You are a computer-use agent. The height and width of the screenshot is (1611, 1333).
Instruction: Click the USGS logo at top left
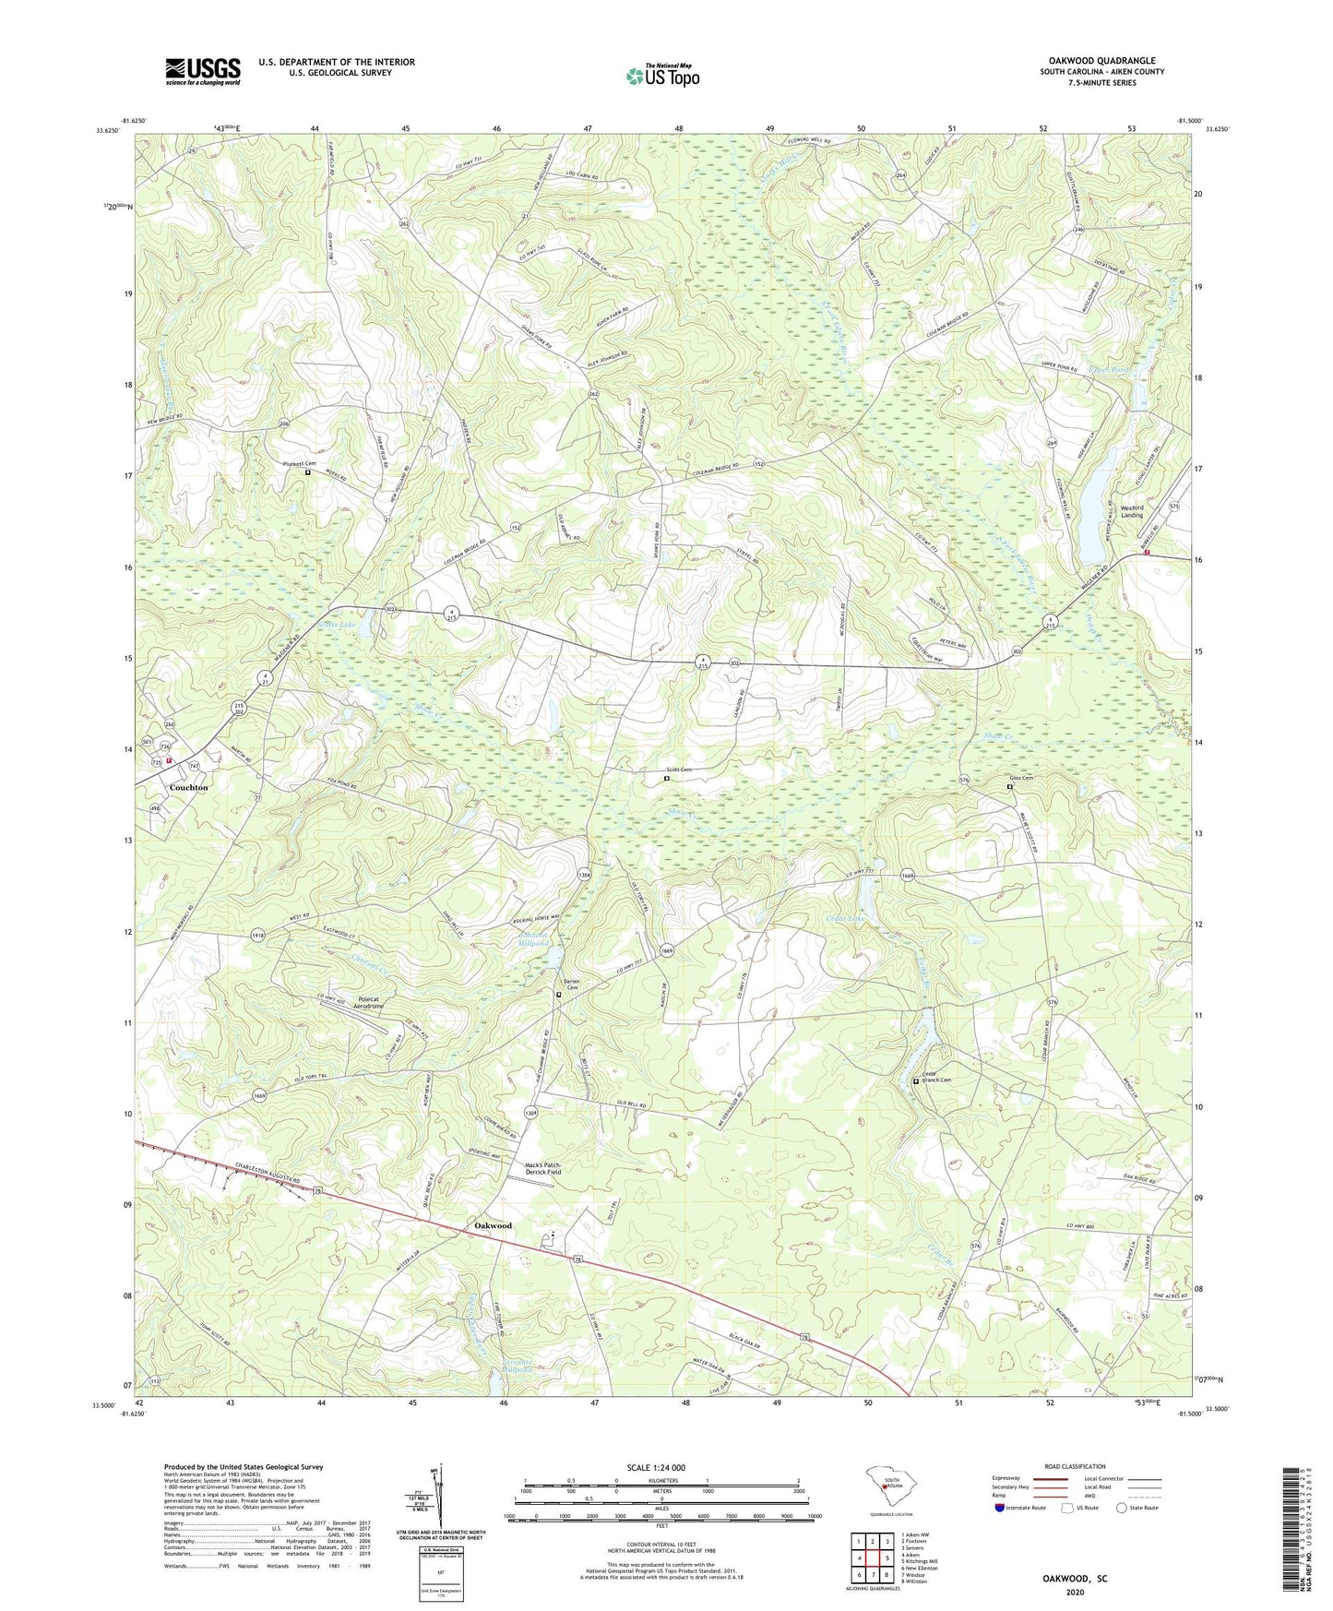tap(202, 71)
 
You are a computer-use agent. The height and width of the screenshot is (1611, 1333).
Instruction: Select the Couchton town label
tap(189, 787)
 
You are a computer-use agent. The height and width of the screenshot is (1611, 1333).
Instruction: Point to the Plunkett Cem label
tap(299, 463)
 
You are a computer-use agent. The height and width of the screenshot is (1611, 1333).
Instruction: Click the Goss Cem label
tap(1021, 778)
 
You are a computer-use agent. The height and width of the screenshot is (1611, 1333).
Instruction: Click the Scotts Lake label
tap(337, 625)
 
